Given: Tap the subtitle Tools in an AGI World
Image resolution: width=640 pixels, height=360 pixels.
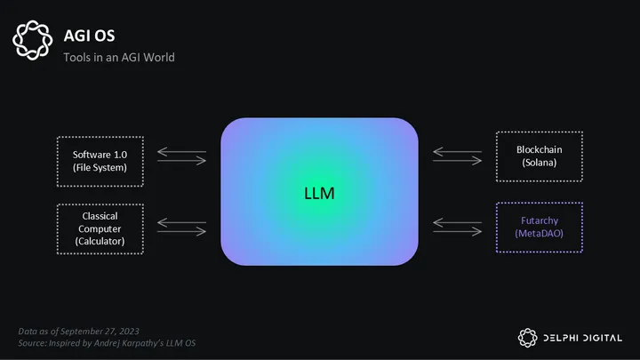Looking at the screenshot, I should (118, 58).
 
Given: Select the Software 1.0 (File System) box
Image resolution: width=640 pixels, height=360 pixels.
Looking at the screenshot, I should (100, 161).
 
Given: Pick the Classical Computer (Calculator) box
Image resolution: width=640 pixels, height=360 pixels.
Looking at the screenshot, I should (100, 228).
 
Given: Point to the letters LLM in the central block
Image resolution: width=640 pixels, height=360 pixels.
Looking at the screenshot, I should (319, 192).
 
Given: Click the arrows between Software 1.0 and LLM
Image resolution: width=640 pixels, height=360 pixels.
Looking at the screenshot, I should (181, 156).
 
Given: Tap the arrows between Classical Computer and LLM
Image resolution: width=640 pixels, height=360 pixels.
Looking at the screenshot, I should (181, 228).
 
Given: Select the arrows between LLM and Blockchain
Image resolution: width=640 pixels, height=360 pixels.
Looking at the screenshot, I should (457, 156).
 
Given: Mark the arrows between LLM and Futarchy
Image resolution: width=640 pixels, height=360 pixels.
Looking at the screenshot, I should (457, 228).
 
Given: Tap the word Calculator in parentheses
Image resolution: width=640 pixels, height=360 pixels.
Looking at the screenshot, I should (100, 241).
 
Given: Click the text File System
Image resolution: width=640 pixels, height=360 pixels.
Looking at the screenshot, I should (100, 167).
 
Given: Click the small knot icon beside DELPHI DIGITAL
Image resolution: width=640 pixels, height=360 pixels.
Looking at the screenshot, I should (528, 336).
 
